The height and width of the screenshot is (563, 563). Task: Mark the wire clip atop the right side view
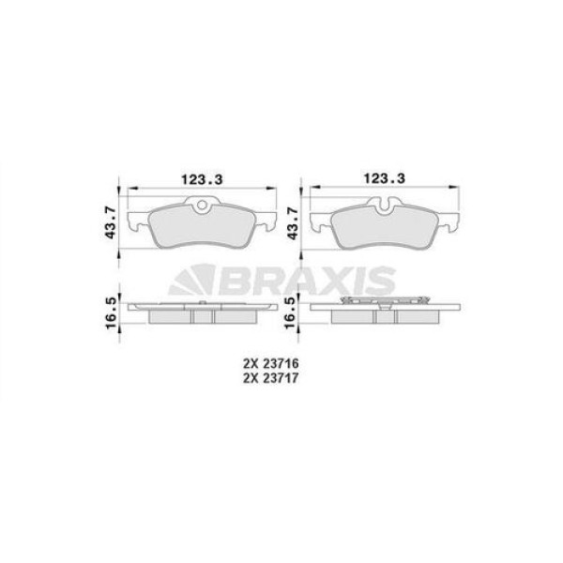pyautogui.click(x=382, y=301)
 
